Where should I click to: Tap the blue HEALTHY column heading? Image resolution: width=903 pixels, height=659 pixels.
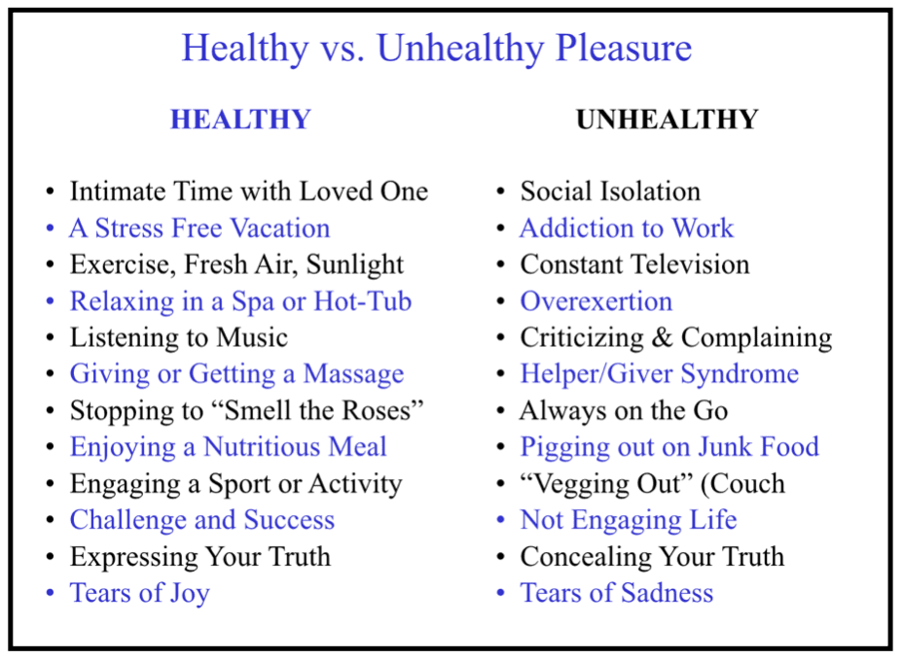coord(240,120)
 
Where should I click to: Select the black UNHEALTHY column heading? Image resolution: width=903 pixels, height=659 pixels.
coord(667,120)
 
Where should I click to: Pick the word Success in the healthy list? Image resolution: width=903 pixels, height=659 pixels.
coord(289,520)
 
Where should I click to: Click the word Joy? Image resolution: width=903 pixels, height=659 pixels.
coord(189,594)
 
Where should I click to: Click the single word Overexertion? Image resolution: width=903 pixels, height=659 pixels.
coord(596,301)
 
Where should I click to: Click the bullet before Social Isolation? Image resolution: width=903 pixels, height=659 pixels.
coord(501,192)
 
